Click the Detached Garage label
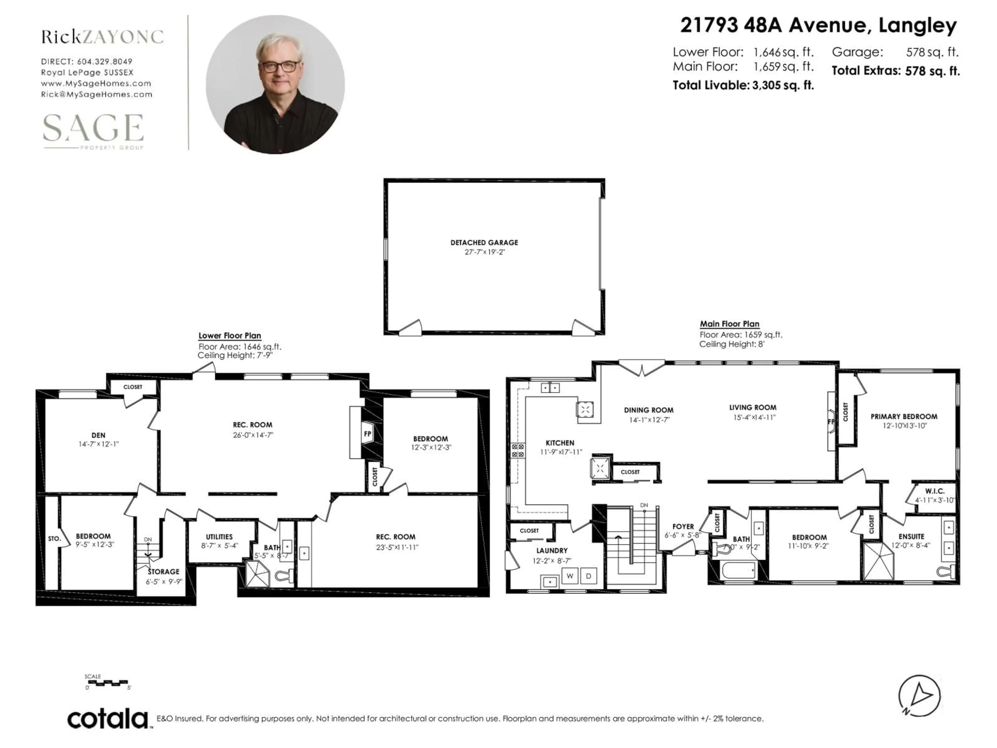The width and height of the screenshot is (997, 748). (x=484, y=243)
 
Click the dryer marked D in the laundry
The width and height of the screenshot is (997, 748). (x=588, y=576)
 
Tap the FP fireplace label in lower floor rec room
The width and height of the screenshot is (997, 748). (x=367, y=434)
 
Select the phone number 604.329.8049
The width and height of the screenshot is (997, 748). (x=105, y=61)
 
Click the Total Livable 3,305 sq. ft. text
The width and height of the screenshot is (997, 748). (x=743, y=85)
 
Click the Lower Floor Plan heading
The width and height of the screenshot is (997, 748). (x=230, y=336)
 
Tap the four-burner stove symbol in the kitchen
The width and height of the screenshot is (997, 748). (x=518, y=450)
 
